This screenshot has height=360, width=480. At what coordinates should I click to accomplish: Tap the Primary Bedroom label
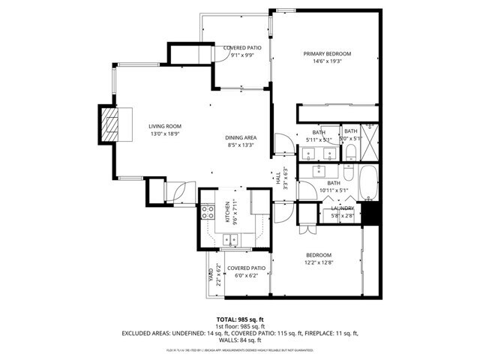[327, 54]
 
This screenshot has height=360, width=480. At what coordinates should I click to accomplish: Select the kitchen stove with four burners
[208, 212]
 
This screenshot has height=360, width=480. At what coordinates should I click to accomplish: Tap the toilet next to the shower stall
[351, 154]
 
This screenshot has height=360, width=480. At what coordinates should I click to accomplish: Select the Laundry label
[343, 208]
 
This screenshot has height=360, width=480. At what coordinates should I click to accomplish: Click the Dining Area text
[241, 138]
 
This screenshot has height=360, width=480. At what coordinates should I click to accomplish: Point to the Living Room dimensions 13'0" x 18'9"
[165, 134]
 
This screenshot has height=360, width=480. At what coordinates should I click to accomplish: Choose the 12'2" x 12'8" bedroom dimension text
[318, 262]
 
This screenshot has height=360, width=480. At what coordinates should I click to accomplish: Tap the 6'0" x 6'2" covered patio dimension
[246, 276]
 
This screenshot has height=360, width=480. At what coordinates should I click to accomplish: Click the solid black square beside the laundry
[371, 214]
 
